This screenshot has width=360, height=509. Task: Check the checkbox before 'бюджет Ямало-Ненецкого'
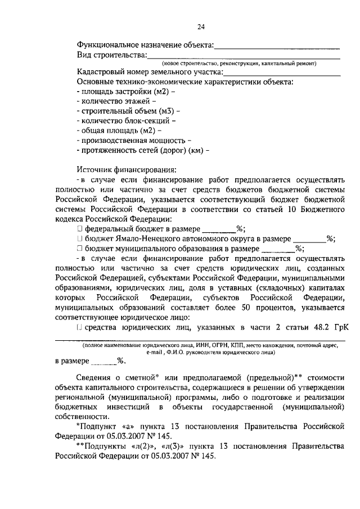pyautogui.click(x=80, y=238)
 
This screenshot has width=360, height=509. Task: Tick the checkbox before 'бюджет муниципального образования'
pyautogui.click(x=80, y=248)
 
